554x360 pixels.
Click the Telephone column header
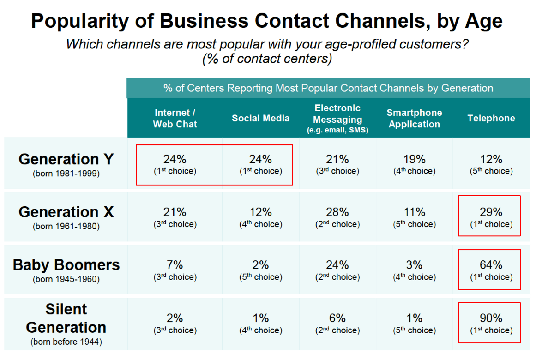point(491,119)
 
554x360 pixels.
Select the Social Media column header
point(260,119)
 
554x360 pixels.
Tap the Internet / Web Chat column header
point(175,119)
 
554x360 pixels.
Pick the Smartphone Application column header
point(414,119)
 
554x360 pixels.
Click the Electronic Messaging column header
point(337,119)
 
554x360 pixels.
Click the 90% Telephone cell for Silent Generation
point(491,323)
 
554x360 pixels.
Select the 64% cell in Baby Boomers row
point(491,270)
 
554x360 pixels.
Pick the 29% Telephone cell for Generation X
point(491,216)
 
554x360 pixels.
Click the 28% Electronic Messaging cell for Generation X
point(337,216)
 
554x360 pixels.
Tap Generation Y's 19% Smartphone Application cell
point(414,164)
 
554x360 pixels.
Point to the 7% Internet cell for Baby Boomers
point(175,270)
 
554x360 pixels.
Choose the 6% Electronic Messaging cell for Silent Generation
point(337,323)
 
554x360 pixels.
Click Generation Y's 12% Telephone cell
point(491,164)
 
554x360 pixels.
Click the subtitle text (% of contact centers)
point(267,60)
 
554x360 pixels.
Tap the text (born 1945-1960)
point(66,280)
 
